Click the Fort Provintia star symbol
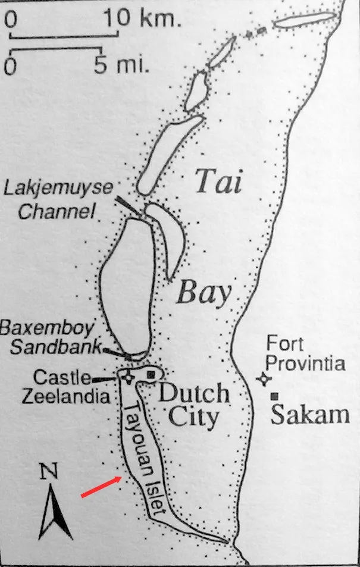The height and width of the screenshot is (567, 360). [263, 379]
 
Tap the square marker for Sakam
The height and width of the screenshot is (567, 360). [274, 396]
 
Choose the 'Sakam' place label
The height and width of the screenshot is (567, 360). [309, 415]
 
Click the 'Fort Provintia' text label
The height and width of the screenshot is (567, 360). [305, 353]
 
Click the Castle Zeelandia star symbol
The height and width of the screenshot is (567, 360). [126, 375]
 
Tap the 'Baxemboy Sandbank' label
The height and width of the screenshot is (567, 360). [50, 336]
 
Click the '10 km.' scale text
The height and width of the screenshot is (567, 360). [143, 19]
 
